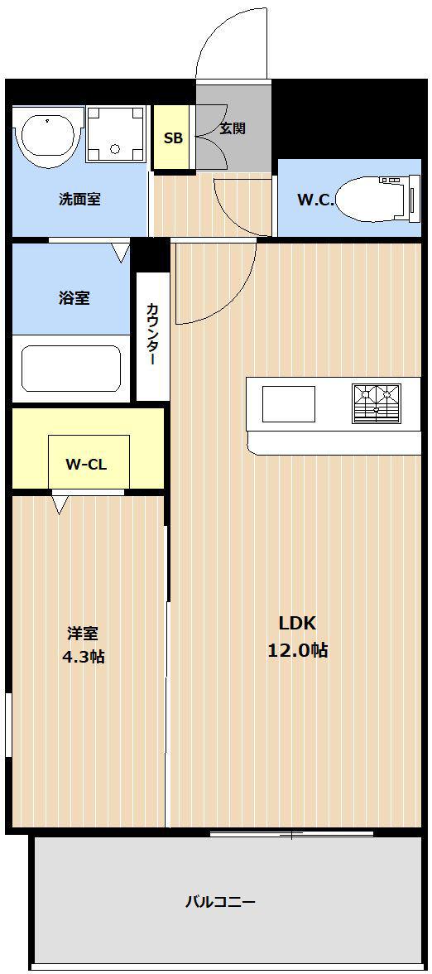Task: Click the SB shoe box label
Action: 173,138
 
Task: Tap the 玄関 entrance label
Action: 233,128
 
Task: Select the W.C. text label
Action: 315,200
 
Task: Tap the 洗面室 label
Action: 79,200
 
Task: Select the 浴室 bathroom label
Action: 74,298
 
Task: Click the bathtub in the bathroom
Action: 71,369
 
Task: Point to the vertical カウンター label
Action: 152,335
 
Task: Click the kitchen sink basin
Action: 289,404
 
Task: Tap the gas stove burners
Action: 376,403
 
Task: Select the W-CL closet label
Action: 86,465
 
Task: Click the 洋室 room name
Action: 83,634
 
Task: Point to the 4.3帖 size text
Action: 83,657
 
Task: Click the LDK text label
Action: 297,624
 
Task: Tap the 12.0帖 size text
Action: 297,650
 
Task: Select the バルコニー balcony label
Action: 220,901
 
